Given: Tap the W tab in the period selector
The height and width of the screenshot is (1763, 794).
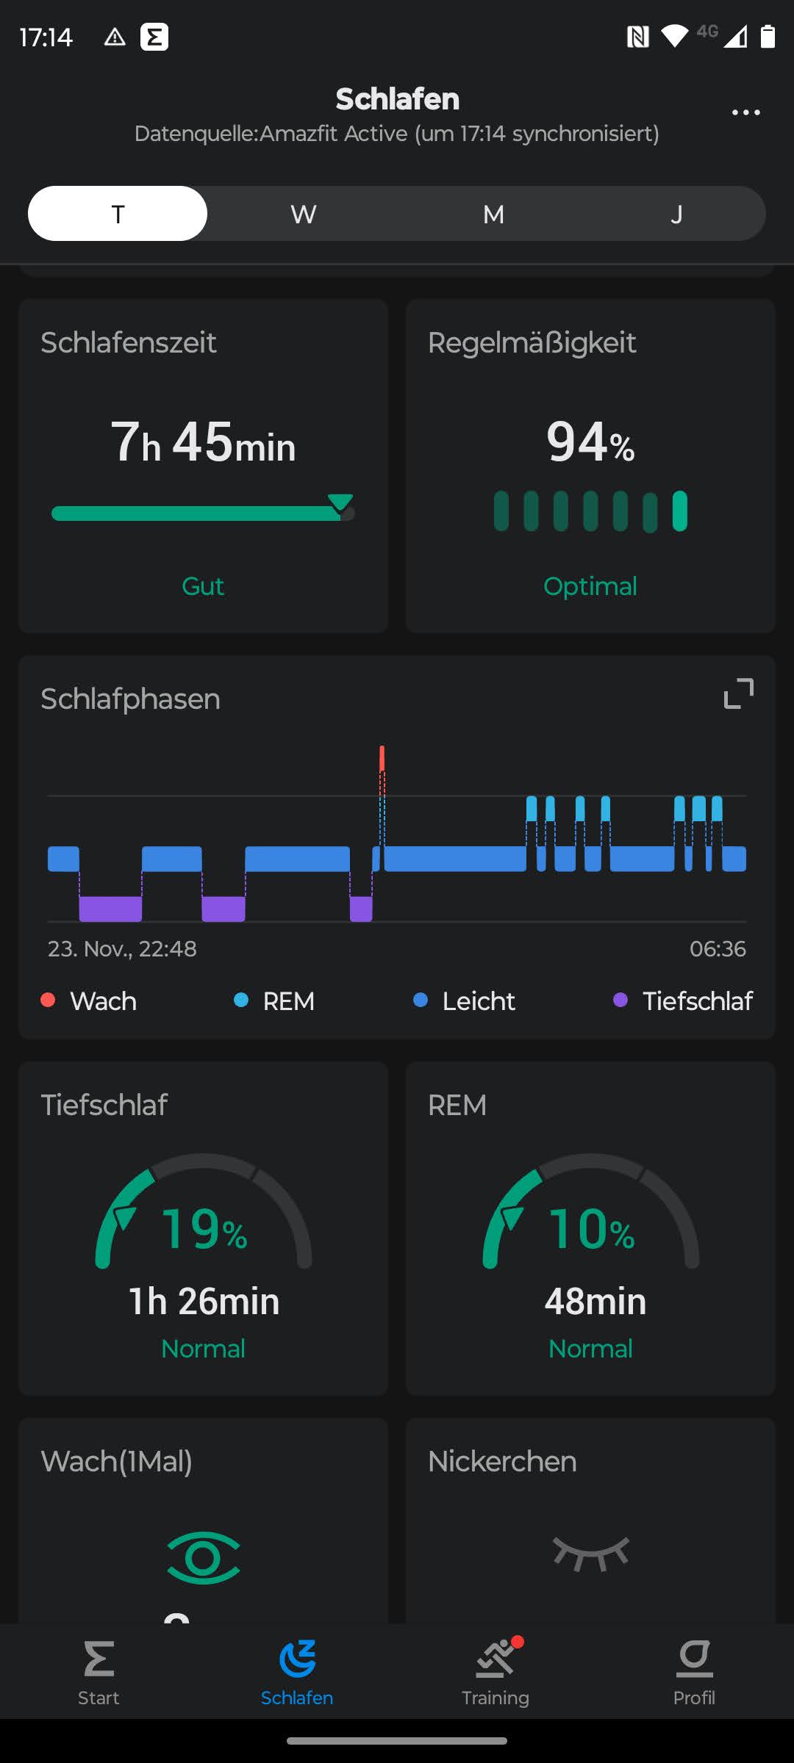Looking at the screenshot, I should (x=303, y=214).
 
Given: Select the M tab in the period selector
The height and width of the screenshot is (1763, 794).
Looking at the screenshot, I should (x=493, y=214).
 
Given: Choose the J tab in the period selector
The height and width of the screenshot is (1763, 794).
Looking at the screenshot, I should (x=676, y=214).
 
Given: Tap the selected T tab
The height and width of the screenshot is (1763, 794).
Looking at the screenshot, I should (x=118, y=214).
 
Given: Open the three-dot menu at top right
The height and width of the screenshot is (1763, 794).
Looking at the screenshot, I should (x=745, y=112).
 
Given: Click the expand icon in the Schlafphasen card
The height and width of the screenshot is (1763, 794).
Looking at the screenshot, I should (x=738, y=693).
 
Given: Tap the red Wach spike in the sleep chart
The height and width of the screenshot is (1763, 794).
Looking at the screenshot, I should (x=382, y=759).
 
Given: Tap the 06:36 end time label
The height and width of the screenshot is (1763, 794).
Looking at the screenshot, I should (x=717, y=948).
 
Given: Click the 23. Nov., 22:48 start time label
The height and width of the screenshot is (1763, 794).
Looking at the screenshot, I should (x=122, y=948).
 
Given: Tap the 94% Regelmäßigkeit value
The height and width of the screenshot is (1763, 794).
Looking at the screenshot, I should (x=590, y=443).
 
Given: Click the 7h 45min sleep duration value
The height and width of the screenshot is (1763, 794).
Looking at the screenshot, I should (x=203, y=443).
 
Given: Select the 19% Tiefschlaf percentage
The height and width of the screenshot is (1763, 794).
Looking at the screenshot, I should (x=204, y=1229).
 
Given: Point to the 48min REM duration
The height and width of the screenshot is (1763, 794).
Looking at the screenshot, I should (x=595, y=1301).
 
